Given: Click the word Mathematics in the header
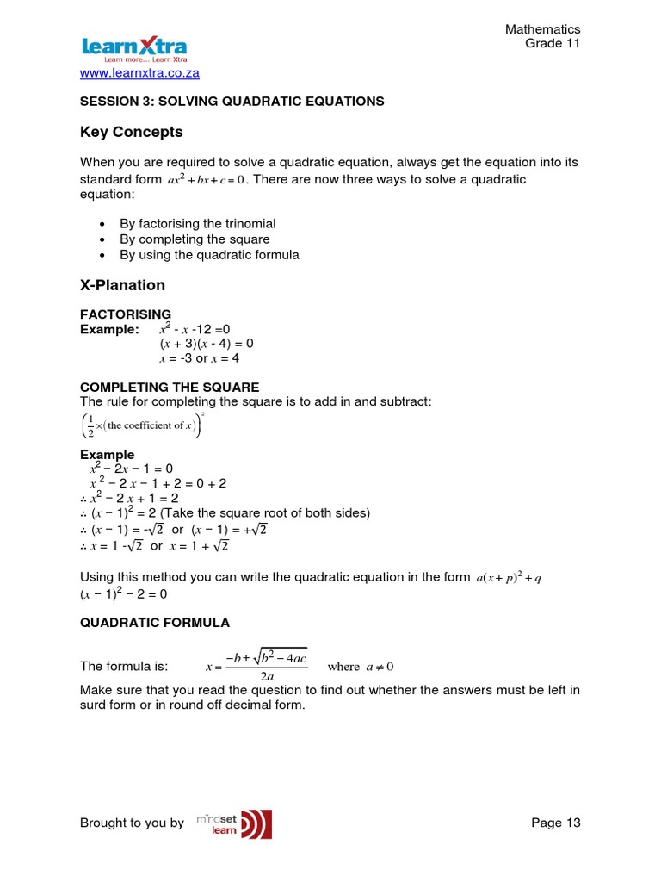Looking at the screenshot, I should [542, 30].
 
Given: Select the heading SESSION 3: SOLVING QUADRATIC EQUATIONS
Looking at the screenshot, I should [232, 102].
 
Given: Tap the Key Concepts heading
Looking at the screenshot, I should [131, 132].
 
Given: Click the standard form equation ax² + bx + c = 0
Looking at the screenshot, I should [206, 180].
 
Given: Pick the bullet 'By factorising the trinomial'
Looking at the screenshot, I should [197, 223].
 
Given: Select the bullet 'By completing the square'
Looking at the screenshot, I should [195, 239].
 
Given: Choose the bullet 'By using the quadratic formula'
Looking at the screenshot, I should [209, 254].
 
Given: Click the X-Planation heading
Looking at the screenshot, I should [122, 285].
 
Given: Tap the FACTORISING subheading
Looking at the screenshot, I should [126, 314].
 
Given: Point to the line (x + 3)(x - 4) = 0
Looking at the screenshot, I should [207, 344].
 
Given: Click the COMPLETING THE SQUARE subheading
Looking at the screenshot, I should [170, 388].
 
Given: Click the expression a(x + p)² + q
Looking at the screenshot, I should [508, 578].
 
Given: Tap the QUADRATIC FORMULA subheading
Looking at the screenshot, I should [155, 622].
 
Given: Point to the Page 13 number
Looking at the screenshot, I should [556, 823].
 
